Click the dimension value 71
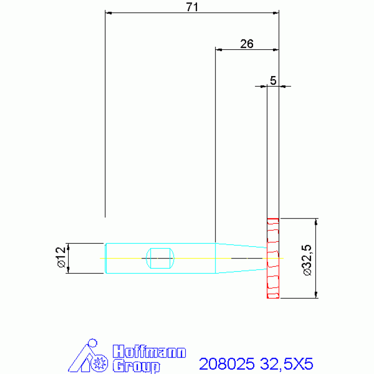192,7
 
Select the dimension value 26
247,44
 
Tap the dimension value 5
273,80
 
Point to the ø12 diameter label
60,257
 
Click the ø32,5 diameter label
307,260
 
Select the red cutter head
273,258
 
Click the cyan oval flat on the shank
160,258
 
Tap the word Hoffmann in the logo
149,352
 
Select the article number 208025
227,364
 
